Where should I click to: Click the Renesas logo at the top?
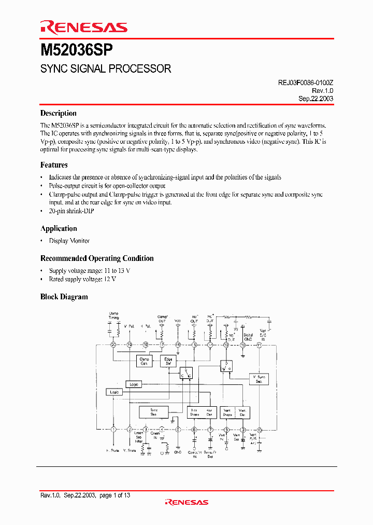pyautogui.click(x=83, y=28)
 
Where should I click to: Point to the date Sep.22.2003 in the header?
pyautogui.click(x=315, y=98)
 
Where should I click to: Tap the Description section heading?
pyautogui.click(x=59, y=113)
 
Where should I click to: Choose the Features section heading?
pyautogui.click(x=54, y=165)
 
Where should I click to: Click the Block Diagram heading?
pyautogui.click(x=64, y=297)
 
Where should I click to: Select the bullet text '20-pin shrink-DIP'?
pyautogui.click(x=72, y=211)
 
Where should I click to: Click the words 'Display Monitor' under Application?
pyautogui.click(x=69, y=241)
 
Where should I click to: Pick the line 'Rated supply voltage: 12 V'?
pyautogui.click(x=82, y=279)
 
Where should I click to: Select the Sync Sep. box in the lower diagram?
pyautogui.click(x=154, y=412)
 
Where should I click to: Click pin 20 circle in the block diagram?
pyautogui.click(x=113, y=344)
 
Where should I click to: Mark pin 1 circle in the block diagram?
pyautogui.click(x=113, y=430)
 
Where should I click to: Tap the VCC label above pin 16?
pyautogui.click(x=178, y=321)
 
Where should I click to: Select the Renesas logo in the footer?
pyautogui.click(x=186, y=502)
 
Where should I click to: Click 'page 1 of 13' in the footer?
pyautogui.click(x=114, y=495)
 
